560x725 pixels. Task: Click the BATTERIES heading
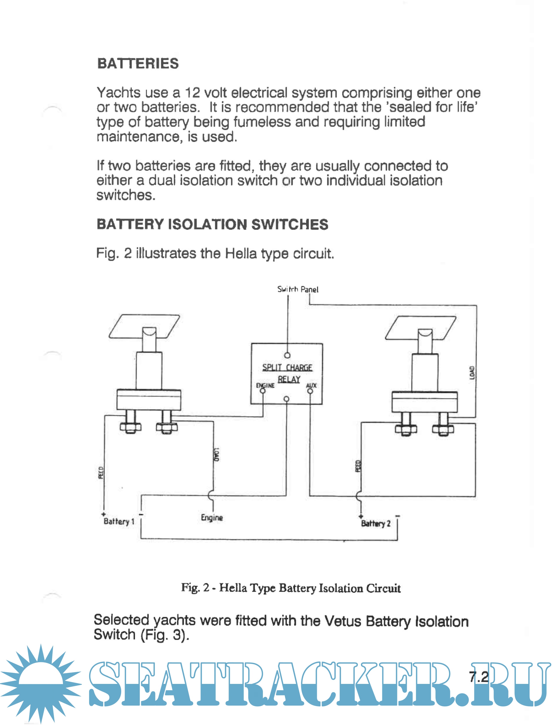click(x=138, y=63)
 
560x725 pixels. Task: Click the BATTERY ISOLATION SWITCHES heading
click(x=212, y=224)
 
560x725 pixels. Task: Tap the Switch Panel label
click(x=298, y=290)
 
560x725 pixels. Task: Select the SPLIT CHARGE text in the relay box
click(x=287, y=368)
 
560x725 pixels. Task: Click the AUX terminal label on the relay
click(x=311, y=385)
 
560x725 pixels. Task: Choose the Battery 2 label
click(x=376, y=524)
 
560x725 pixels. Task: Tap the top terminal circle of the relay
click(x=287, y=355)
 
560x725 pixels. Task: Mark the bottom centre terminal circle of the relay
click(x=287, y=399)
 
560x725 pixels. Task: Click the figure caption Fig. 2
click(x=291, y=588)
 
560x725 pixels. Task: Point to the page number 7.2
click(x=479, y=677)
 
